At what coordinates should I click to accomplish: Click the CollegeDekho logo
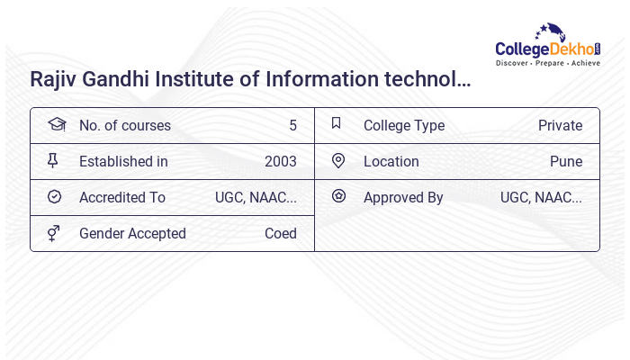[548, 46]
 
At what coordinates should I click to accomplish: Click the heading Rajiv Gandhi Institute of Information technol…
[250, 79]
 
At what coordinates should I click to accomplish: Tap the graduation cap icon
[56, 124]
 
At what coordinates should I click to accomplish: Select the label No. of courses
[124, 125]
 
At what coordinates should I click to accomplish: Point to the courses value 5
[292, 125]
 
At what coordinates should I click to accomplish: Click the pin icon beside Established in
[53, 160]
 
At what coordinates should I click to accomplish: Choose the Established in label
[123, 161]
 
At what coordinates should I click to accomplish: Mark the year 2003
[280, 161]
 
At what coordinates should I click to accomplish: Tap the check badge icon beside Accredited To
[54, 196]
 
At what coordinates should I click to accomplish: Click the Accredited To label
[122, 197]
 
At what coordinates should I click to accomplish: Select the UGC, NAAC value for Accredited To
[256, 197]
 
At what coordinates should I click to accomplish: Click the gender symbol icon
[54, 233]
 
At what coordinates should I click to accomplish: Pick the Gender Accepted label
[132, 233]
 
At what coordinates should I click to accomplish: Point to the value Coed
[280, 233]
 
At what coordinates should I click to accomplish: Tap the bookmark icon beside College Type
[337, 123]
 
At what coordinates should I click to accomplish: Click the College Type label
[404, 125]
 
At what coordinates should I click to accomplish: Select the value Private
[560, 125]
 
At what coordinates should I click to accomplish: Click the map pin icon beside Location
[338, 160]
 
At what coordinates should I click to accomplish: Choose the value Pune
[566, 161]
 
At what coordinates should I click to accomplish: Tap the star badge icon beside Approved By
[338, 195]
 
